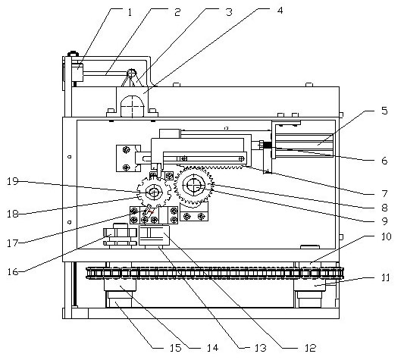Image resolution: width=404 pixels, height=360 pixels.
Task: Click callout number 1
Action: click(130, 12)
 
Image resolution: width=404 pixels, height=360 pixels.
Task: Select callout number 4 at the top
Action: click(280, 11)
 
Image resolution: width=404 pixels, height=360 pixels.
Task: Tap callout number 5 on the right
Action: click(384, 111)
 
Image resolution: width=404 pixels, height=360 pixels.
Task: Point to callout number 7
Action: click(384, 193)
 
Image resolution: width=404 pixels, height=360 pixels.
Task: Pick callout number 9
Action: click(384, 221)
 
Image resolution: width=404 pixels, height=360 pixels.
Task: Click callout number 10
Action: click(386, 236)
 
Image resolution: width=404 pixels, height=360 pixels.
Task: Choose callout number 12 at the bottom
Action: click(311, 348)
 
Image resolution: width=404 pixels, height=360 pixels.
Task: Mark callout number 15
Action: click(176, 348)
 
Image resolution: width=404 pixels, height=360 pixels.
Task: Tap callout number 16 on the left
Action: click(13, 271)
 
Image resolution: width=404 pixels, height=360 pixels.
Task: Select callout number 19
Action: click(13, 181)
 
